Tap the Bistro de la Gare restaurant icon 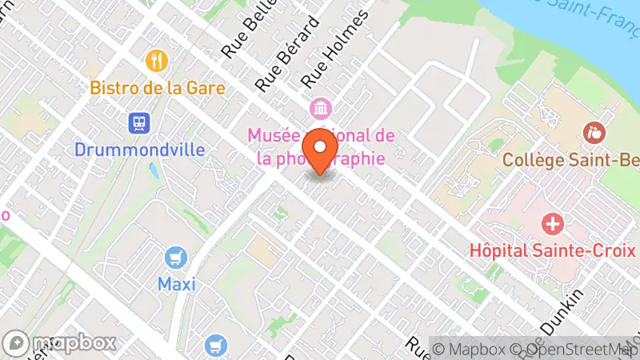(157, 61)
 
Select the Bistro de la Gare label (157, 87)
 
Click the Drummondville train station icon (140, 123)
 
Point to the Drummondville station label (140, 150)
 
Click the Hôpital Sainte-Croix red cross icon (553, 224)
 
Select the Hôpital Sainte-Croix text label (553, 250)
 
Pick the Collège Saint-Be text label (570, 159)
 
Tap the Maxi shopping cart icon (177, 258)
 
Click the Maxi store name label (177, 283)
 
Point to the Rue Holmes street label (336, 48)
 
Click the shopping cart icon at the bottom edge (214, 346)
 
